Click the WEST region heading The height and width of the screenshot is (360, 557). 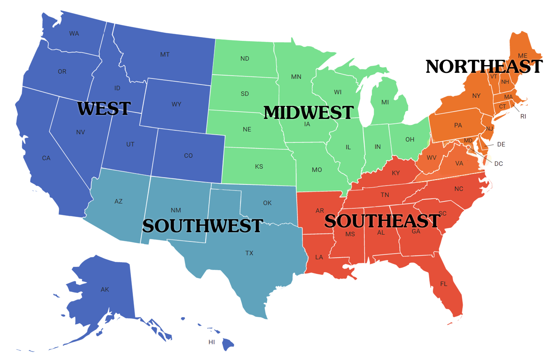pyautogui.click(x=104, y=108)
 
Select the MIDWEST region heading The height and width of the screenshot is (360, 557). pyautogui.click(x=309, y=112)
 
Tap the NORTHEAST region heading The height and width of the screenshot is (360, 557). pyautogui.click(x=484, y=66)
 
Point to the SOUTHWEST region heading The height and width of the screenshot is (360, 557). pyautogui.click(x=203, y=226)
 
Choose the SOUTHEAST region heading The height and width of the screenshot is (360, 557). pyautogui.click(x=382, y=221)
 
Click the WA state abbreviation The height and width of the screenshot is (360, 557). pyautogui.click(x=74, y=34)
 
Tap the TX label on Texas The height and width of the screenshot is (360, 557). pyautogui.click(x=249, y=253)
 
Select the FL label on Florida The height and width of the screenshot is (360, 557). pyautogui.click(x=444, y=284)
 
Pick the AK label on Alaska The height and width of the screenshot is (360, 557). pyautogui.click(x=105, y=290)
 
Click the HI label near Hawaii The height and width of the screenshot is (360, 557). pyautogui.click(x=212, y=342)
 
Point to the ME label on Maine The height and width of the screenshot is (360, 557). pyautogui.click(x=523, y=56)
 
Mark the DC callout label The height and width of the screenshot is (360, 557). pyautogui.click(x=499, y=164)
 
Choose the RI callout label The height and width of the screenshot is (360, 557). pyautogui.click(x=523, y=116)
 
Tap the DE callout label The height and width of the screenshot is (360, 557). pyautogui.click(x=501, y=144)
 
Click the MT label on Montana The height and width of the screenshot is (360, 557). pyautogui.click(x=165, y=55)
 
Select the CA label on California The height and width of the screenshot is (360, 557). pyautogui.click(x=46, y=158)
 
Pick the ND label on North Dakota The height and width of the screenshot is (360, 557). pyautogui.click(x=245, y=59)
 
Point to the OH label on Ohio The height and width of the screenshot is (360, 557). pyautogui.click(x=410, y=140)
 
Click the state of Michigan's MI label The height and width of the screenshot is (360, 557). pyautogui.click(x=385, y=102)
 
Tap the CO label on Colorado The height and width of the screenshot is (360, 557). pyautogui.click(x=189, y=156)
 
